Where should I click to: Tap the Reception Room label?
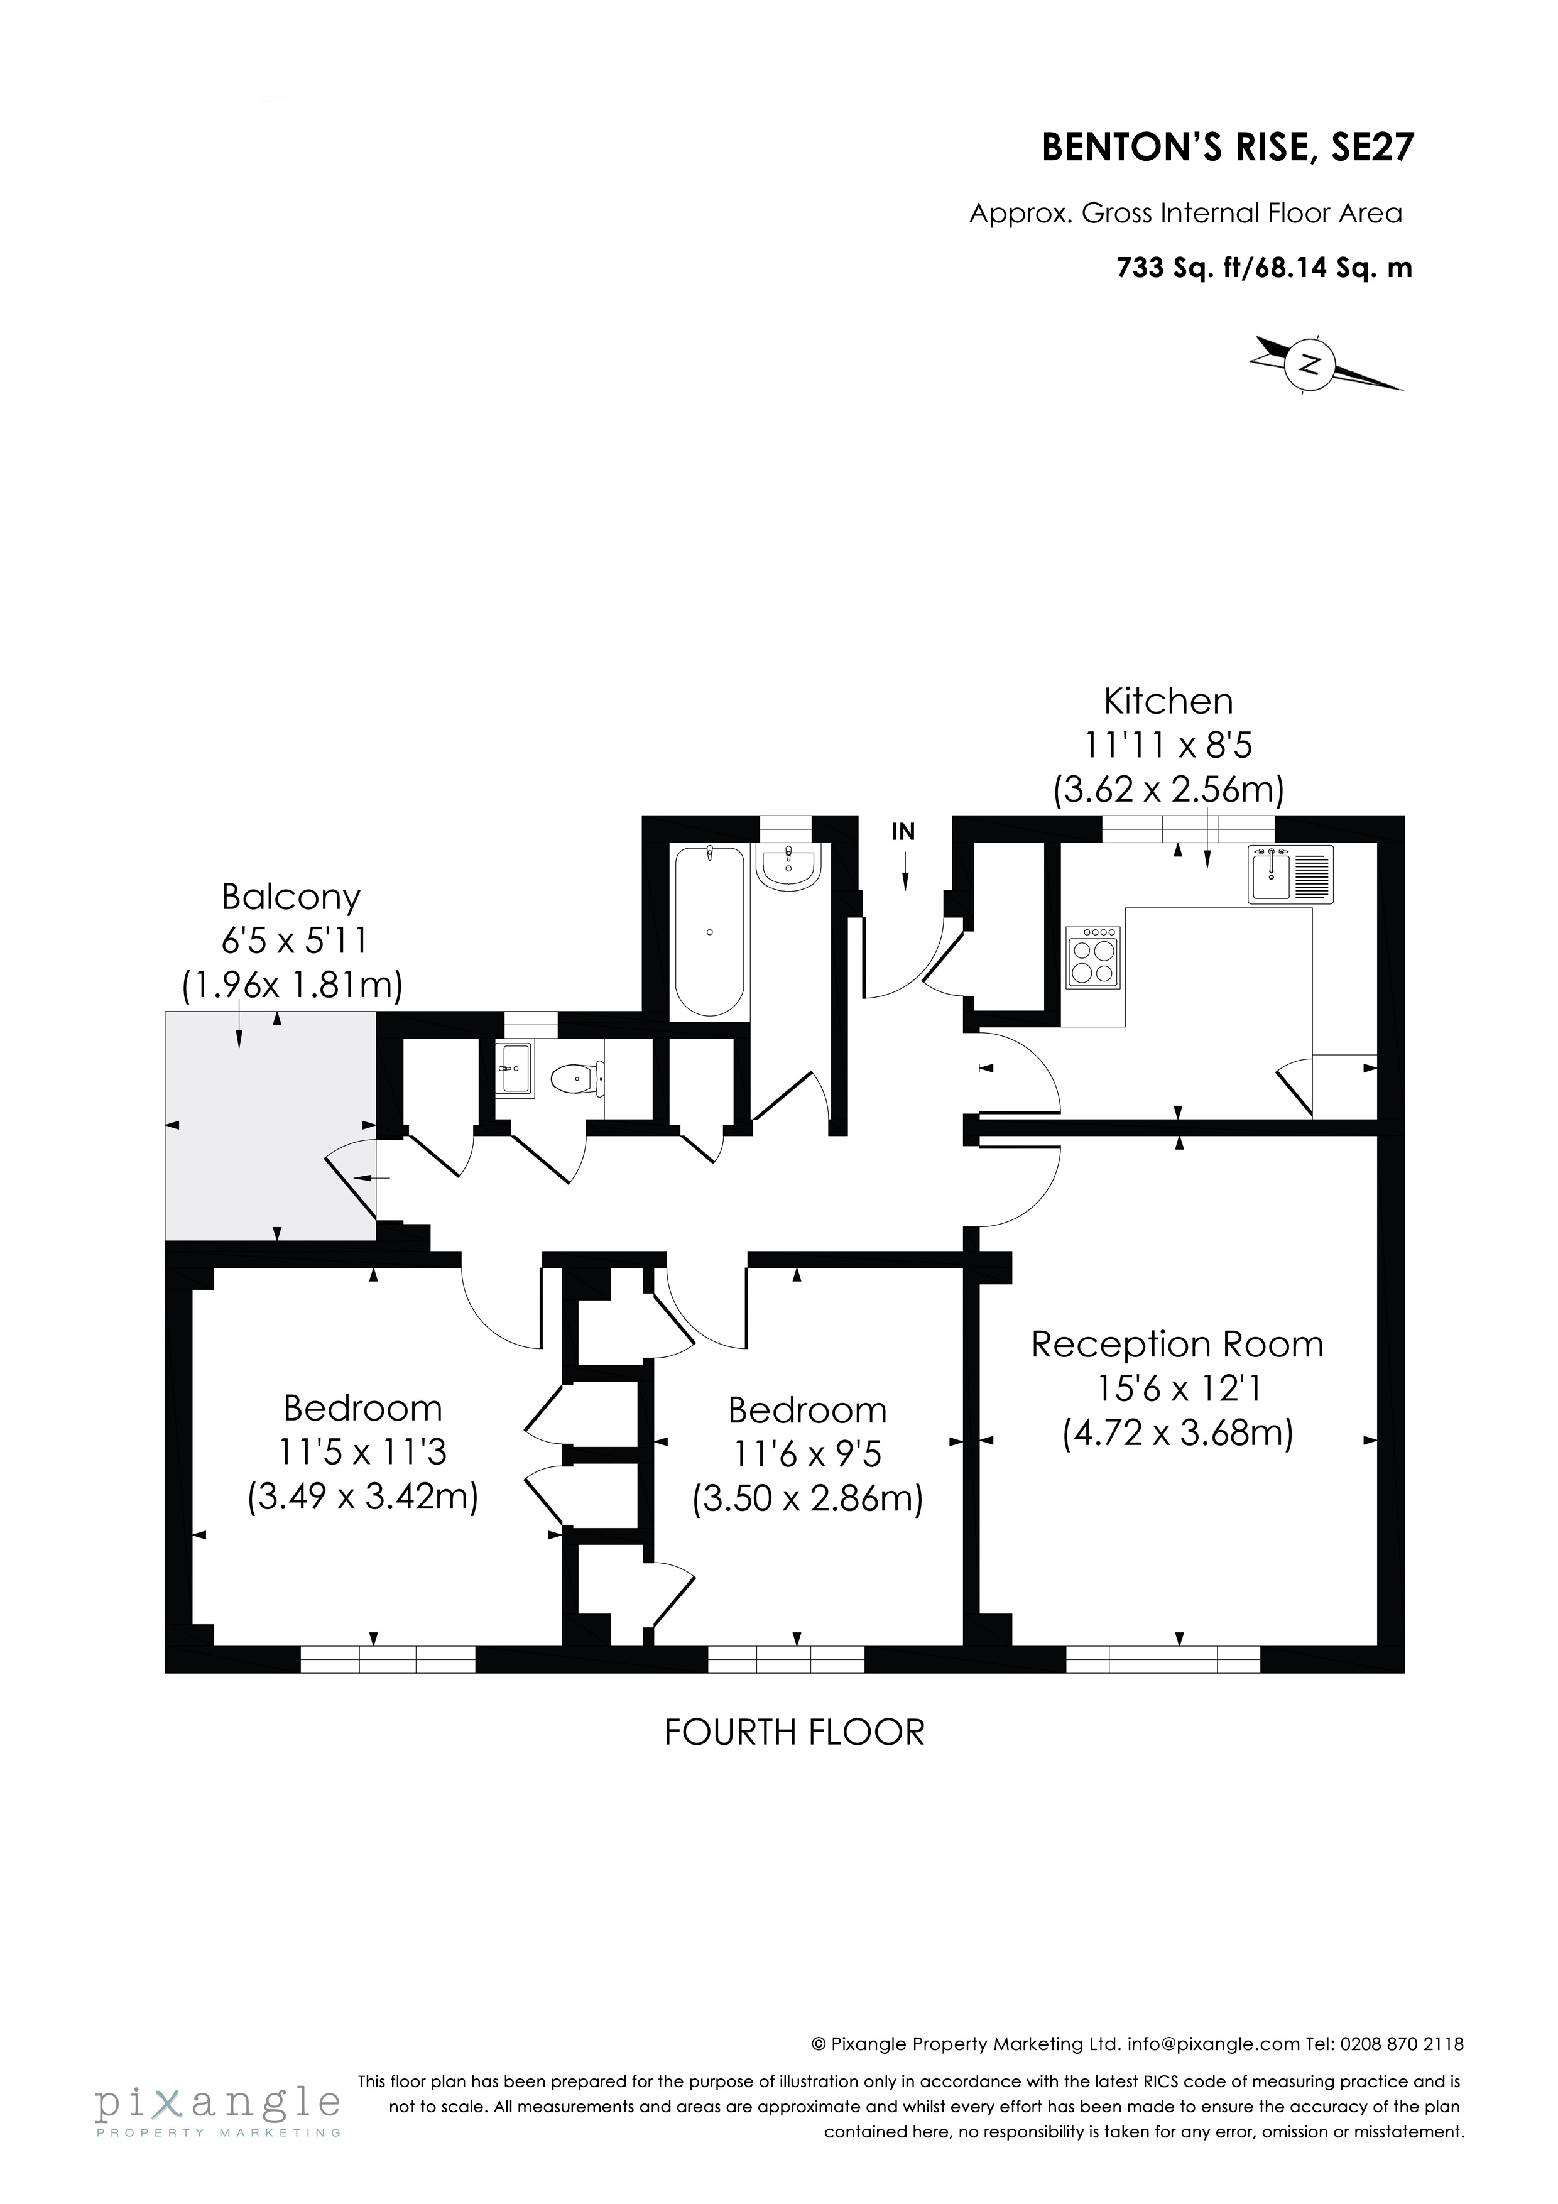coord(1177,1345)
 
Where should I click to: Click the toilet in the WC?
coord(576,1080)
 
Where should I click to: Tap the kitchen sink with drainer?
coord(1291,873)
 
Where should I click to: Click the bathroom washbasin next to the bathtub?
coord(787,868)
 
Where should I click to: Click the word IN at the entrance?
coord(903,832)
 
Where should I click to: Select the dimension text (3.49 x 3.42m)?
coord(363,1497)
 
